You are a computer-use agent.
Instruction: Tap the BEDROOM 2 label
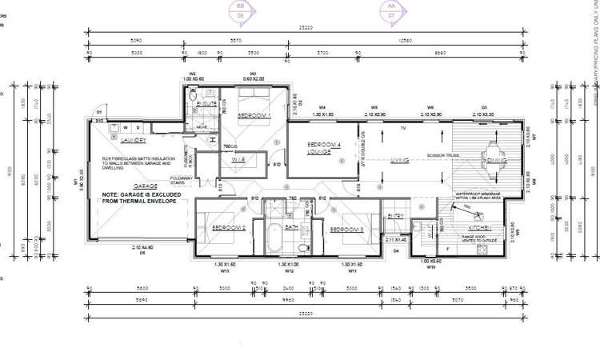point(227,229)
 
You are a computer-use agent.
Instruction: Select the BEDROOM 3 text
point(348,230)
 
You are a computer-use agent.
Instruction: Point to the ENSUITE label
point(206,104)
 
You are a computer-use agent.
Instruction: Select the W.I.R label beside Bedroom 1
point(238,160)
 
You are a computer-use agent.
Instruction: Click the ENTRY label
point(396,215)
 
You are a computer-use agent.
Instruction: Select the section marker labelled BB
point(238,9)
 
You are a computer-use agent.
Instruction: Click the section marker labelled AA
point(391,9)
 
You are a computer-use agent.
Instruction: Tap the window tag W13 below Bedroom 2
point(225,270)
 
